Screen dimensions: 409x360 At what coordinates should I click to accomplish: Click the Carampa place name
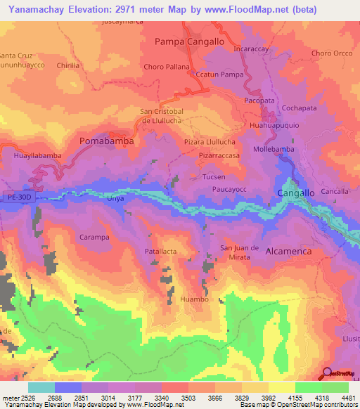click(x=94, y=238)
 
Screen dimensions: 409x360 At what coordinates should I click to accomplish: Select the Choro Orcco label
click(x=331, y=53)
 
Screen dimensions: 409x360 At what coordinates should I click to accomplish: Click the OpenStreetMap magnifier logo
click(x=327, y=372)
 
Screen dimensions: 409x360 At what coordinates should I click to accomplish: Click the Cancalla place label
click(x=335, y=191)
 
